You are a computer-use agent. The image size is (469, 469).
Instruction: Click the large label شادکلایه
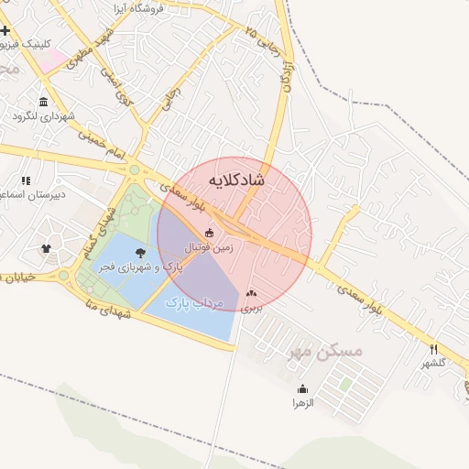coord(236,180)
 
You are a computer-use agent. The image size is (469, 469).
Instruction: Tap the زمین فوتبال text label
coord(210,247)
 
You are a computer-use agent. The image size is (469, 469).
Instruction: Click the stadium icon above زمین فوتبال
coord(210,233)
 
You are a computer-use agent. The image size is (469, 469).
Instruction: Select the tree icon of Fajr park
coord(139,252)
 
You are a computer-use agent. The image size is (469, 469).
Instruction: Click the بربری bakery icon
coord(251,294)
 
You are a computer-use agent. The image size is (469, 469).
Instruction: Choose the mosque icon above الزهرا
coord(302,389)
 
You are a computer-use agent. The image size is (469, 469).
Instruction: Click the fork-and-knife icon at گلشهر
coord(433,349)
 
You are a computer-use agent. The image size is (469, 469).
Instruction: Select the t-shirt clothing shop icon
coord(46,247)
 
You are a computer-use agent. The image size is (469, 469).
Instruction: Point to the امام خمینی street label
coord(98,147)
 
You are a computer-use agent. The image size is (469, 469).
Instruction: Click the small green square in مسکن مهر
coord(345,385)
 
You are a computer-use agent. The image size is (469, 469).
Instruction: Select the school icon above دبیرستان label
coord(25,180)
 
